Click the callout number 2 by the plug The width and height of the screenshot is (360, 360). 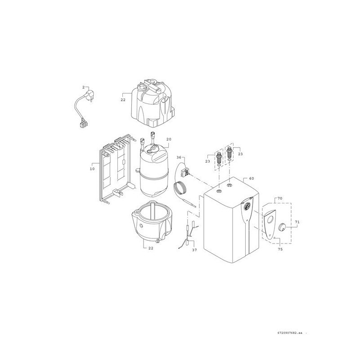(x=84, y=87)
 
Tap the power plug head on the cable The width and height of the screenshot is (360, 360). (x=90, y=95)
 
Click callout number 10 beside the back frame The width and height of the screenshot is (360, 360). (x=92, y=169)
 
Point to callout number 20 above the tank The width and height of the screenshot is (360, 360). (x=169, y=139)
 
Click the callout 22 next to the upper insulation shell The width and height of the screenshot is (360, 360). (x=123, y=100)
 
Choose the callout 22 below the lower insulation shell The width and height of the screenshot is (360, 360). (x=151, y=248)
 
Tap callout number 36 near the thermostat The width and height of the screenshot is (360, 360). (x=179, y=157)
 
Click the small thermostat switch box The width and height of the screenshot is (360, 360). (x=185, y=172)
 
